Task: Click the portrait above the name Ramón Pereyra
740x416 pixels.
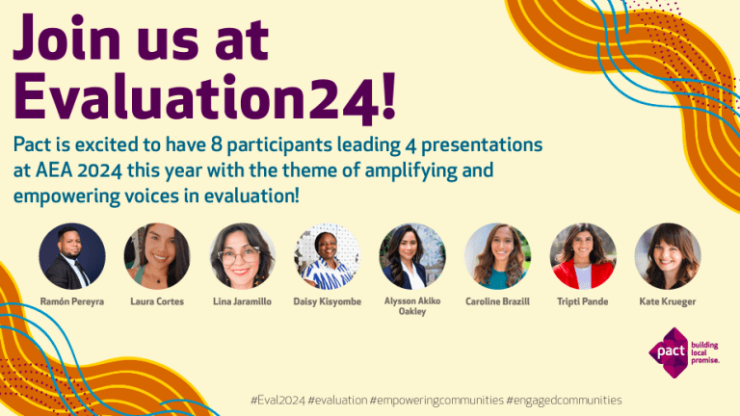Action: point(72,256)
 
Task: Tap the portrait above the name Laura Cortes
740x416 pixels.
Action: point(157,256)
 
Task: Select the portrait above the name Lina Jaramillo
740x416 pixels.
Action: point(242,256)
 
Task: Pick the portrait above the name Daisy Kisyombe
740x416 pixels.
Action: point(327,256)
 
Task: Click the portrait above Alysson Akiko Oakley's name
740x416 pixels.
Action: point(412,256)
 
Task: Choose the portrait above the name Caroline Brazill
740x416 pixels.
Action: point(497,256)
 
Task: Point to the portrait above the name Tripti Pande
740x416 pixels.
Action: point(583,256)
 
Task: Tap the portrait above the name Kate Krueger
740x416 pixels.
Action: point(668,256)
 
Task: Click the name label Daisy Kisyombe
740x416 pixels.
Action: point(328,301)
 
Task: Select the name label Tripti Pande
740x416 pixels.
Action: point(583,301)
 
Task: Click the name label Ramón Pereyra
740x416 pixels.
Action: point(72,301)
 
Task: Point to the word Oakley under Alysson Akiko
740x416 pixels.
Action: point(412,312)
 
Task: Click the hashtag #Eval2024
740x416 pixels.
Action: point(277,400)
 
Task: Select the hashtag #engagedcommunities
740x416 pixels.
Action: point(564,400)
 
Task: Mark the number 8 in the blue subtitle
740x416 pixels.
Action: point(259,145)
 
